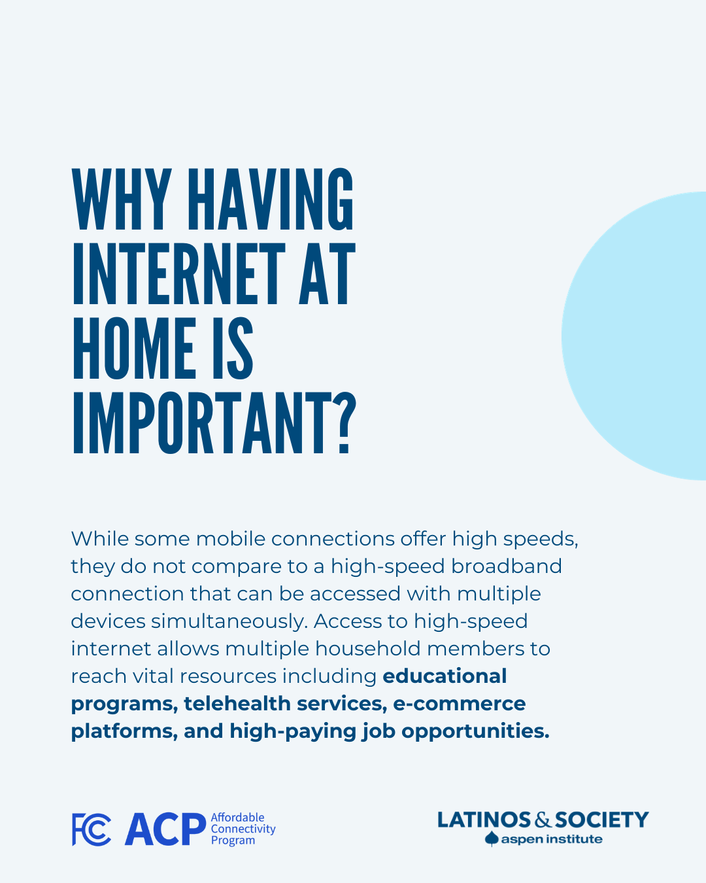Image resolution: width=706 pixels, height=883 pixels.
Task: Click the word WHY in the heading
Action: click(122, 199)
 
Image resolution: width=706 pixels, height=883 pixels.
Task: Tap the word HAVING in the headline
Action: click(271, 199)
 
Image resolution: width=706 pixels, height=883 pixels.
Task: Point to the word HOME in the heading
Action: click(133, 348)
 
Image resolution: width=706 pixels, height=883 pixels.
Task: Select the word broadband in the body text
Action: click(506, 566)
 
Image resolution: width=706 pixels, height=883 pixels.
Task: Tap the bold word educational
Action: click(445, 676)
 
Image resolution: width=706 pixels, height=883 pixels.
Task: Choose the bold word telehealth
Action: click(237, 704)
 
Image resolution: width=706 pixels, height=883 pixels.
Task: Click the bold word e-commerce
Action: click(460, 704)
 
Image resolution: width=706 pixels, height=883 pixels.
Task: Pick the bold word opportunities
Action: click(475, 732)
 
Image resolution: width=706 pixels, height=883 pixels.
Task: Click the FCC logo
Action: click(92, 829)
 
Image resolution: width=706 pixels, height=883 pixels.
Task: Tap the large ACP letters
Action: click(165, 829)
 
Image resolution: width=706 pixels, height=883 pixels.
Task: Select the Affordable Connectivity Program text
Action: click(243, 829)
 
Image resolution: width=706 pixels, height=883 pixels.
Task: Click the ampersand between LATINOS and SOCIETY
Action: click(543, 820)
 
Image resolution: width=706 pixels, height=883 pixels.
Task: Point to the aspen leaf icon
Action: click(492, 839)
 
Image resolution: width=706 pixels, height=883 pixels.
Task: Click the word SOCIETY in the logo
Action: click(601, 820)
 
